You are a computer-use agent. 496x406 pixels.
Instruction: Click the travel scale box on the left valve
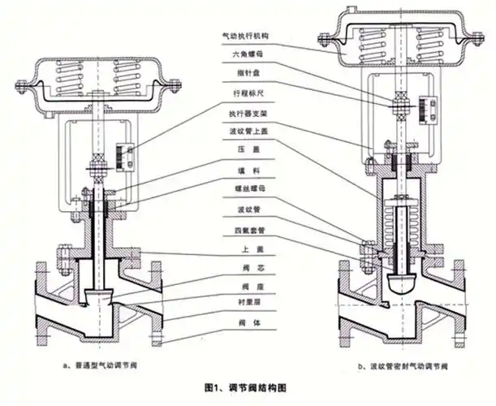(x=126, y=154)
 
